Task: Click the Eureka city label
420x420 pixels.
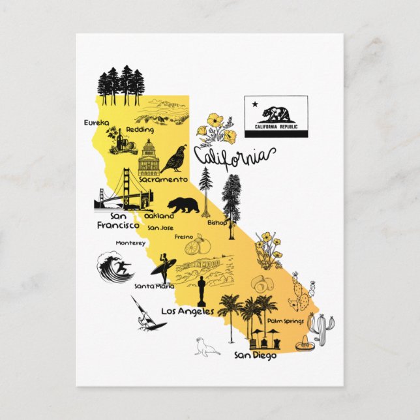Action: click(x=97, y=122)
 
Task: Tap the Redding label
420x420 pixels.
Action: click(x=139, y=130)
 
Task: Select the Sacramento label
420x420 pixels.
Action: click(x=163, y=179)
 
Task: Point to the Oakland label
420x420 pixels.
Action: click(x=159, y=215)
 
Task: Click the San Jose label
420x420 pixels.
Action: click(x=160, y=228)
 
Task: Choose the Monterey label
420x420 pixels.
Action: click(x=130, y=243)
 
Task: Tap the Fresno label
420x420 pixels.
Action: click(x=183, y=237)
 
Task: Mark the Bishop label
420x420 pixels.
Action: click(x=217, y=222)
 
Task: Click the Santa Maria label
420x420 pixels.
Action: click(x=154, y=286)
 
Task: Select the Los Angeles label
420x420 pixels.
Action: click(x=187, y=311)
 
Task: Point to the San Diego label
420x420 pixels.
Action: click(x=256, y=355)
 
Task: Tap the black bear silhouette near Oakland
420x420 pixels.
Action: click(x=183, y=205)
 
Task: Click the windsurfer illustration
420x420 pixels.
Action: click(x=142, y=315)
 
